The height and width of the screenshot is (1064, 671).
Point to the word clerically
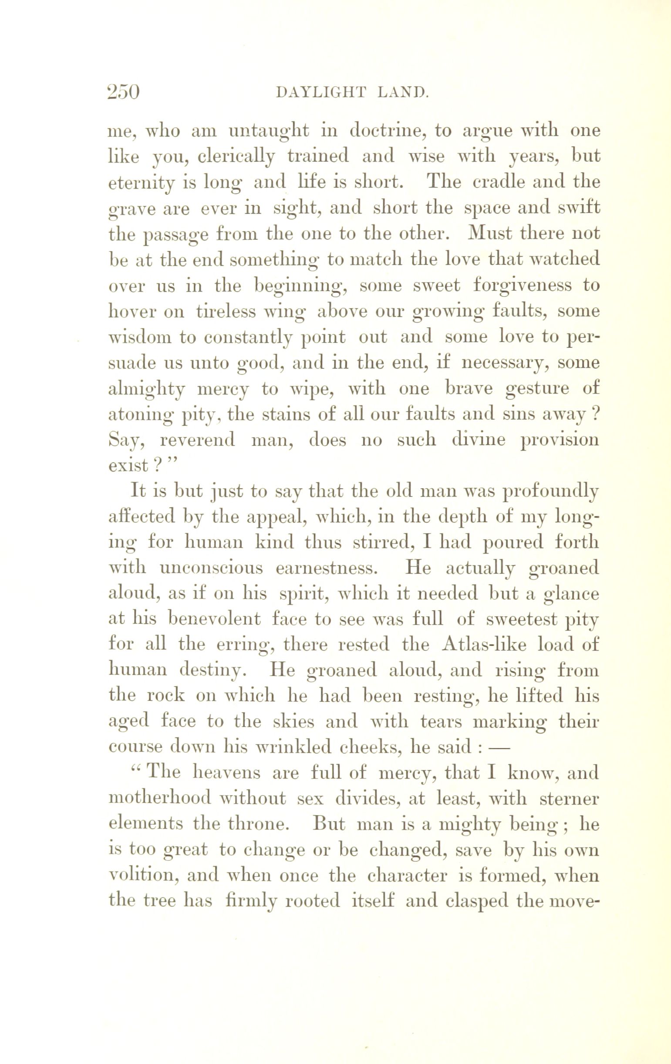coord(236,157)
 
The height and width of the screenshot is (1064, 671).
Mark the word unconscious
coord(211,568)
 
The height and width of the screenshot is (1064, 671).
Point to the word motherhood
coord(159,799)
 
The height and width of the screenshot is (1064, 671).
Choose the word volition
coord(143,875)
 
